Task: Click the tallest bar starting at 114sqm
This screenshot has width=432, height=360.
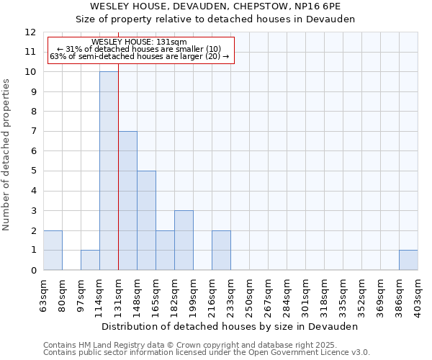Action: coord(109,171)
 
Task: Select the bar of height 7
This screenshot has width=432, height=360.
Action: coord(127,201)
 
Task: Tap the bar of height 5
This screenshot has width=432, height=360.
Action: coord(146,220)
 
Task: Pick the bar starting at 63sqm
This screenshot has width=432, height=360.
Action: coord(53,251)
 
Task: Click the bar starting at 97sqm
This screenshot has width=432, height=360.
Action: coord(90,260)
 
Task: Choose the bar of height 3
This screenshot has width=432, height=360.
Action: coord(184,240)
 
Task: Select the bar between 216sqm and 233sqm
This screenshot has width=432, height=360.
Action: coord(221,251)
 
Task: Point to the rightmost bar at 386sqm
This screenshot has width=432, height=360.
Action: coord(408,260)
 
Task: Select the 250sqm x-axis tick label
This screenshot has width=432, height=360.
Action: coord(250,296)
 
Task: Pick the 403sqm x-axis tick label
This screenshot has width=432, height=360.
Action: coord(418,296)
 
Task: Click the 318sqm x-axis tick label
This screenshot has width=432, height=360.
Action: coord(325,296)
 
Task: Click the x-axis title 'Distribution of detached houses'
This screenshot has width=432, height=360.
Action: coord(230,326)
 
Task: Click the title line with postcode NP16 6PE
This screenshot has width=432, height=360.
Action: coord(215,6)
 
